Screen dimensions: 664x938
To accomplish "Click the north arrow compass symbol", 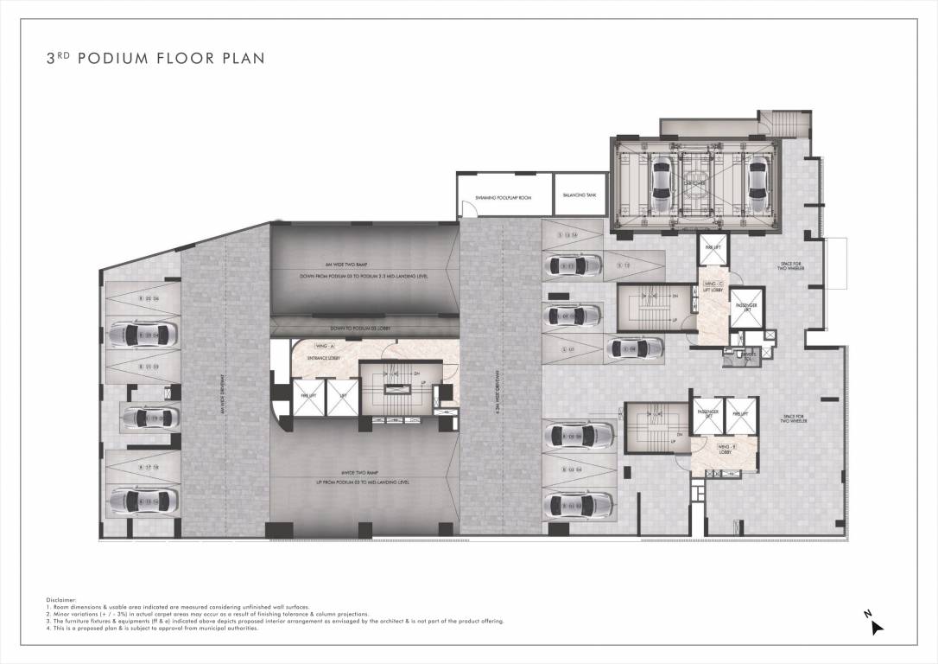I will pyautogui.click(x=875, y=625).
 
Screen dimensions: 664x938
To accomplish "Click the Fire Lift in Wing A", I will pyautogui.click(x=307, y=399).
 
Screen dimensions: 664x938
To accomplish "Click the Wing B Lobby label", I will pyautogui.click(x=724, y=449).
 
